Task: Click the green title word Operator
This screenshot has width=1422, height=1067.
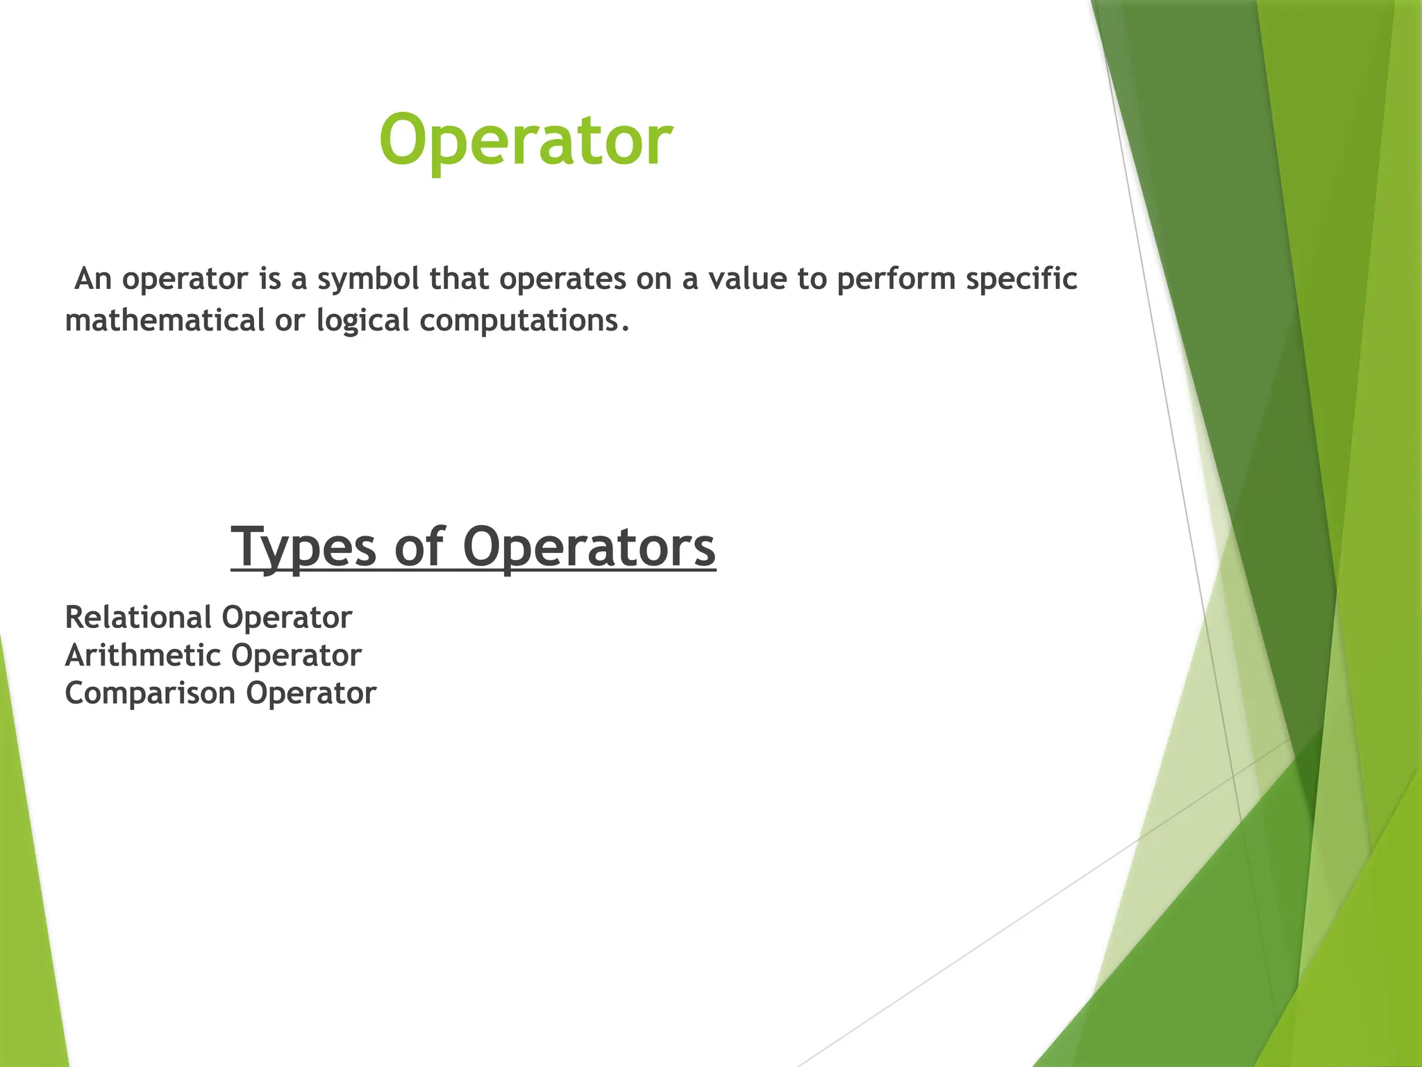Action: pyautogui.click(x=526, y=141)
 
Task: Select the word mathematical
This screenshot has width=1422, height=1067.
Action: pyautogui.click(x=165, y=321)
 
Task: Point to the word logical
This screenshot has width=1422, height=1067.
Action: pyautogui.click(x=362, y=321)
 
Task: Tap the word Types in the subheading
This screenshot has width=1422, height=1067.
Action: pyautogui.click(x=303, y=548)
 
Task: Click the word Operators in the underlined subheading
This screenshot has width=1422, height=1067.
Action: pyautogui.click(x=589, y=548)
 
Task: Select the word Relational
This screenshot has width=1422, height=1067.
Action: pyautogui.click(x=138, y=618)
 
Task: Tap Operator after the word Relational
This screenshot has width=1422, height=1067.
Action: pyautogui.click(x=287, y=618)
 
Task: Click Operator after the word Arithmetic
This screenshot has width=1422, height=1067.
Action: pyautogui.click(x=296, y=656)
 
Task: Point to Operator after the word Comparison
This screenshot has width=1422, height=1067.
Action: pyautogui.click(x=311, y=693)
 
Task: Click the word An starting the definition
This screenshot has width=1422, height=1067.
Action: pyautogui.click(x=93, y=279)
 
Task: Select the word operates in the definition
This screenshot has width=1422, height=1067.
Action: pyautogui.click(x=562, y=279)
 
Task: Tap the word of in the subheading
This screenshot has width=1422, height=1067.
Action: pyautogui.click(x=419, y=548)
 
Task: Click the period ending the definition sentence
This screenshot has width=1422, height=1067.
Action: pyautogui.click(x=626, y=329)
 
